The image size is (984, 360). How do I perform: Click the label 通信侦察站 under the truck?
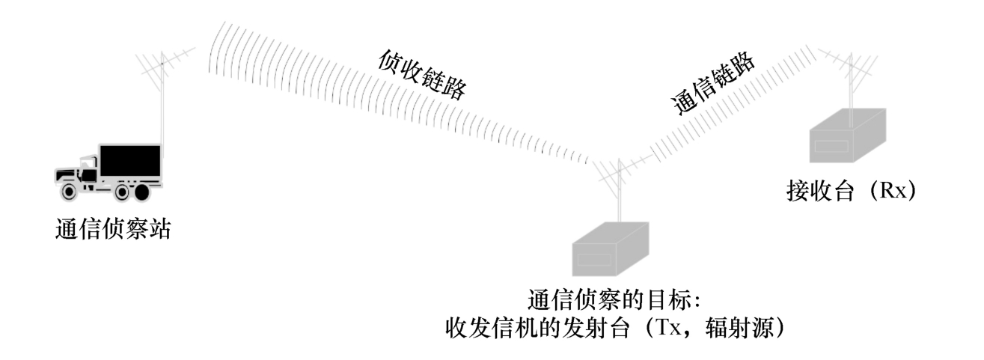[113, 229]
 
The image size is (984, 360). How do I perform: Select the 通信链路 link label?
[715, 83]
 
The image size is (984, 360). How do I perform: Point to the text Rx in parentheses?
[893, 192]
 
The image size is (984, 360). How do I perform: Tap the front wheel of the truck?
[69, 191]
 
